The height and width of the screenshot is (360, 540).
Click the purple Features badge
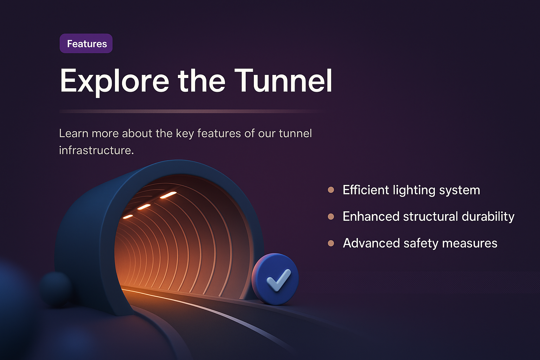tap(86, 44)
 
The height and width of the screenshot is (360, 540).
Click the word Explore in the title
tap(115, 81)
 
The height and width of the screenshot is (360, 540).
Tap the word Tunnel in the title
tap(283, 81)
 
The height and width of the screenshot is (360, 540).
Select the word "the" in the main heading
tap(201, 81)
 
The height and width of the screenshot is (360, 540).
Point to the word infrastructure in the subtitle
tap(96, 150)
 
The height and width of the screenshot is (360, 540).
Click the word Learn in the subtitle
tap(73, 134)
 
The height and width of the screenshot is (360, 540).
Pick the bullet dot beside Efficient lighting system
tap(331, 190)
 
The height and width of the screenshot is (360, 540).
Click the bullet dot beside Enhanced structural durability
tap(331, 217)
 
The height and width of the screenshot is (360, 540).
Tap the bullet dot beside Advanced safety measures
tap(331, 243)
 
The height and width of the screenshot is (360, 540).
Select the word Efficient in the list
tap(366, 190)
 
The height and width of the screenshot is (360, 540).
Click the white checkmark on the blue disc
tap(278, 280)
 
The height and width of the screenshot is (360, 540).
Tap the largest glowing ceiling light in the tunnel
tap(168, 195)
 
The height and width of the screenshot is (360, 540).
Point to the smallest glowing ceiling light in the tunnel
tap(128, 217)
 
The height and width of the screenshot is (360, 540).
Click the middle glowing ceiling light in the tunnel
tap(144, 207)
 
